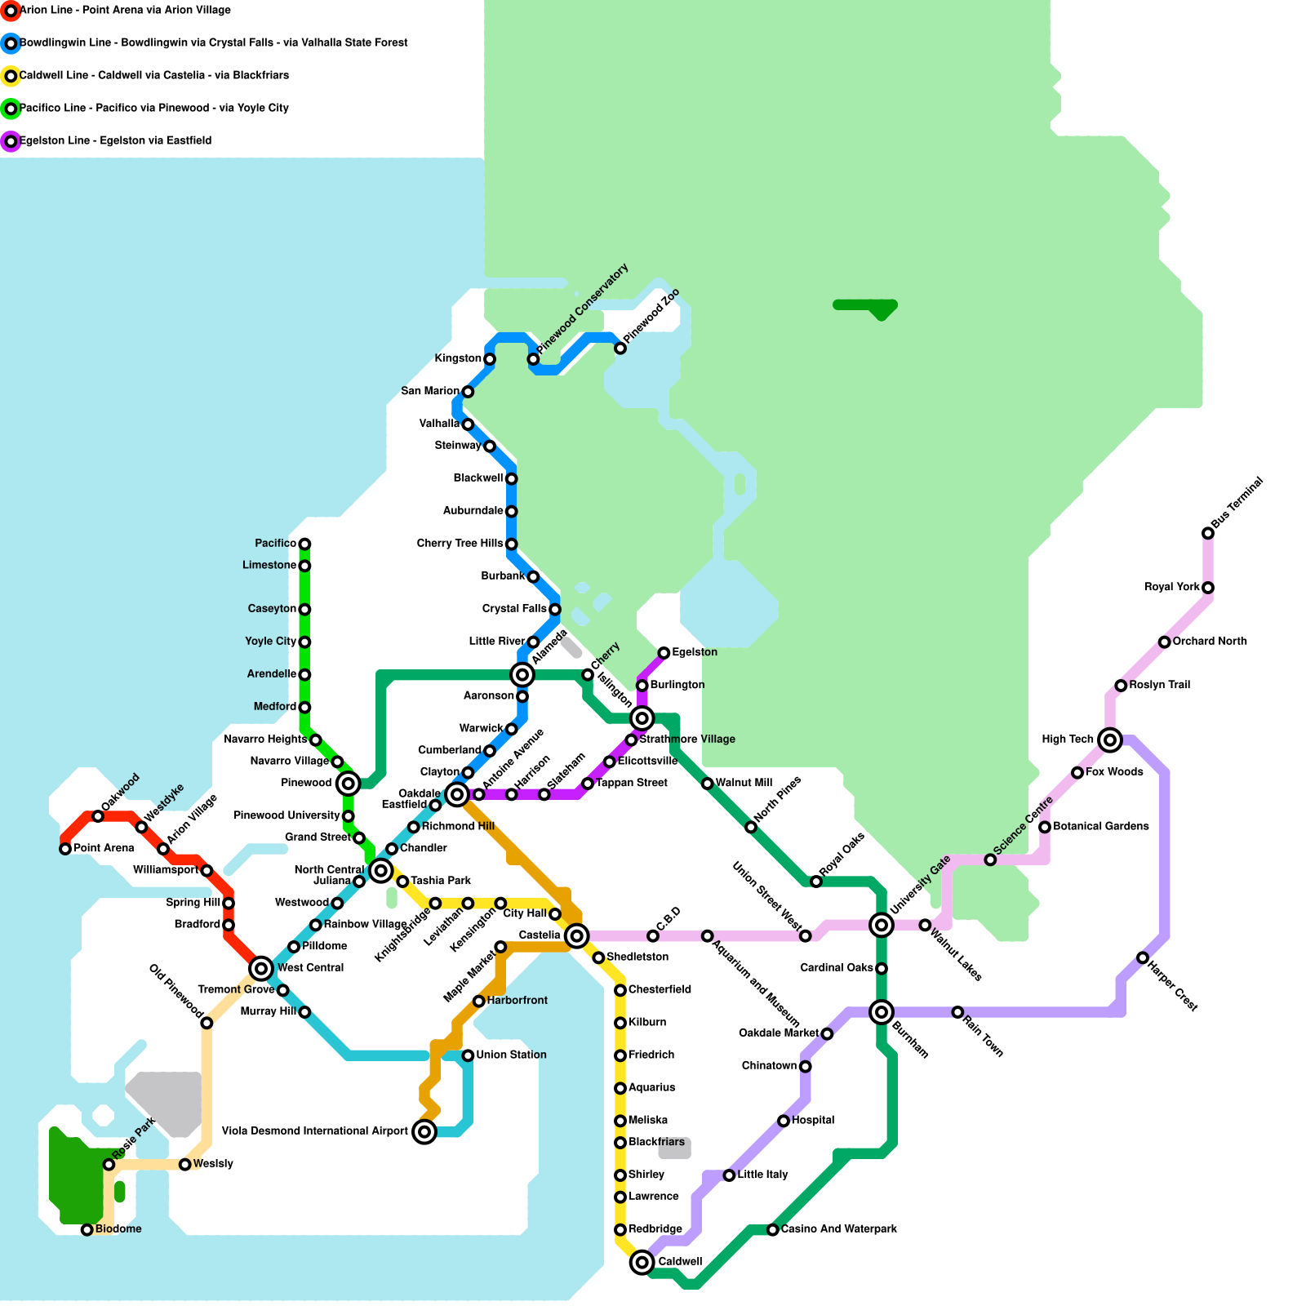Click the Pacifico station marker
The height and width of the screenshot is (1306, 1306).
304,544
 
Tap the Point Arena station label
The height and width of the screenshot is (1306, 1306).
104,848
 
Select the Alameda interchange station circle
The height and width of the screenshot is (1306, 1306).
522,674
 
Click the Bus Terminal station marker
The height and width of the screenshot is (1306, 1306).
1208,533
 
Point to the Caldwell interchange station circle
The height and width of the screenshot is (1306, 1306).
642,1262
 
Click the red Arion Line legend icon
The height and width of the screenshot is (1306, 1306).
11,11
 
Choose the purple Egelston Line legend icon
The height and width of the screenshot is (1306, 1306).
11,141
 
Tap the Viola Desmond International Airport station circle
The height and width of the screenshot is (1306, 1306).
424,1131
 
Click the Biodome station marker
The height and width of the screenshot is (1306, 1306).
87,1229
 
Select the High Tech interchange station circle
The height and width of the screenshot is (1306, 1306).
1109,740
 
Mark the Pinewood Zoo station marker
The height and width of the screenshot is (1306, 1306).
620,349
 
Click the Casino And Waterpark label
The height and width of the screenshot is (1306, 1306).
838,1228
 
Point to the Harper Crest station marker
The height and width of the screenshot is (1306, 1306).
1143,957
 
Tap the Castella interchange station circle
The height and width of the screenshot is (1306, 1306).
576,935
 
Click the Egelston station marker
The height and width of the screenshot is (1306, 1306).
664,653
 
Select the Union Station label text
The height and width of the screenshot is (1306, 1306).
511,1055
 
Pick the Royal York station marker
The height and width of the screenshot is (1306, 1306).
1208,588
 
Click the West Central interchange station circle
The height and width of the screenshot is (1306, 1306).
261,969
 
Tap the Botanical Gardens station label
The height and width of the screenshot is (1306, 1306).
1100,826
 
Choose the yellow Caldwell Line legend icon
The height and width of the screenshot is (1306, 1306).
11,76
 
